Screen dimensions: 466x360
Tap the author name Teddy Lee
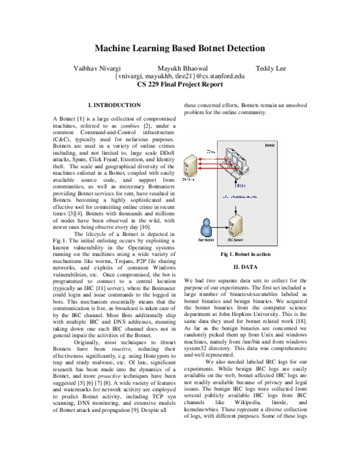pyautogui.click(x=271, y=68)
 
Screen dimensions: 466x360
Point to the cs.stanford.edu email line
pyautogui.click(x=179, y=76)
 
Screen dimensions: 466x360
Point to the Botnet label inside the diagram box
pyautogui.click(x=270, y=145)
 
